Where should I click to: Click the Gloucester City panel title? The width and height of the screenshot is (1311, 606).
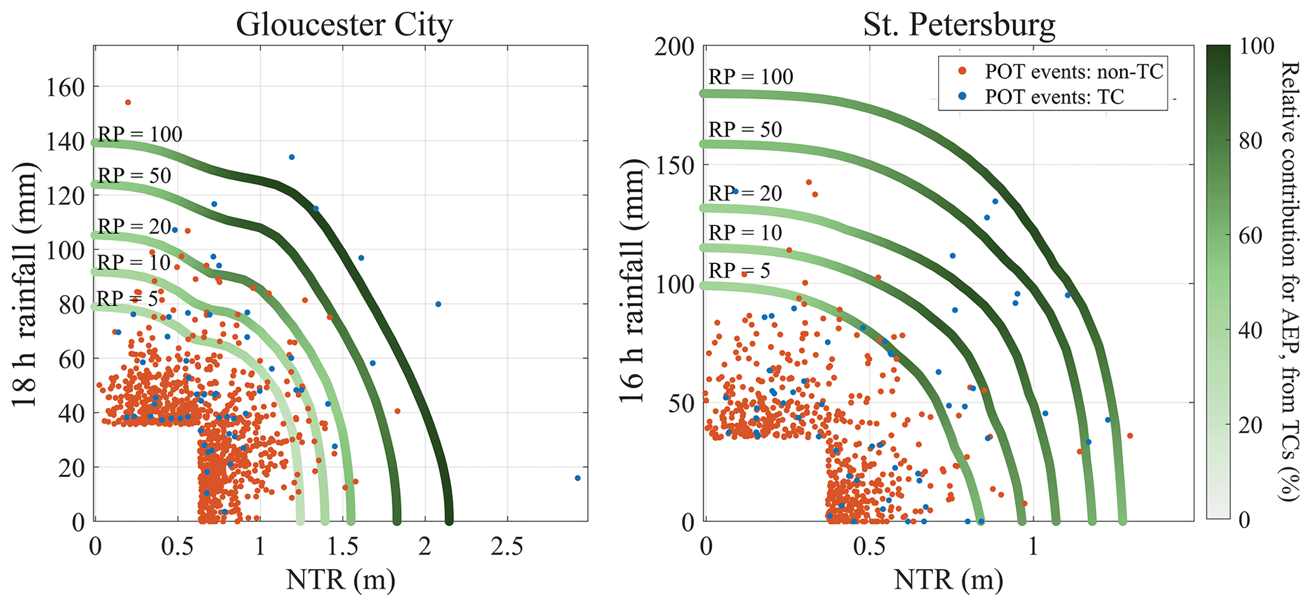click(344, 25)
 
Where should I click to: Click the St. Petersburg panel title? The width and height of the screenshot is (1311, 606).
click(958, 25)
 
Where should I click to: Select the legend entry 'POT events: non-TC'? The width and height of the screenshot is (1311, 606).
click(1074, 72)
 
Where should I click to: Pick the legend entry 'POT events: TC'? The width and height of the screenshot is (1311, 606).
click(1054, 97)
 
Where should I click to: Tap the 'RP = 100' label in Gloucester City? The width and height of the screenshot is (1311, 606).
click(140, 135)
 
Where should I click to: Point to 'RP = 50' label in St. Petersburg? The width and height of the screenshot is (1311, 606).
click(745, 129)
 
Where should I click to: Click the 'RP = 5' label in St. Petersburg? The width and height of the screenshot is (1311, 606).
click(739, 271)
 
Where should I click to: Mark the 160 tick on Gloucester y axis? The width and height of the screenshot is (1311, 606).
click(65, 88)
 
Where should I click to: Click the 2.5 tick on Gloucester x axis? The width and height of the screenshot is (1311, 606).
click(507, 546)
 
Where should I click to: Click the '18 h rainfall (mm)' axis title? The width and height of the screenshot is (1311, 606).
click(25, 284)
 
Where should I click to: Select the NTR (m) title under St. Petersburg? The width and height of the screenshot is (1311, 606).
click(948, 579)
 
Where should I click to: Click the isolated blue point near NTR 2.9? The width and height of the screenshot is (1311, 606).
click(577, 478)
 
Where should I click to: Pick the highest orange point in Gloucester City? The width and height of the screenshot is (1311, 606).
click(127, 102)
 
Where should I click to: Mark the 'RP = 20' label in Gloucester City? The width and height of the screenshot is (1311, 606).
click(134, 227)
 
